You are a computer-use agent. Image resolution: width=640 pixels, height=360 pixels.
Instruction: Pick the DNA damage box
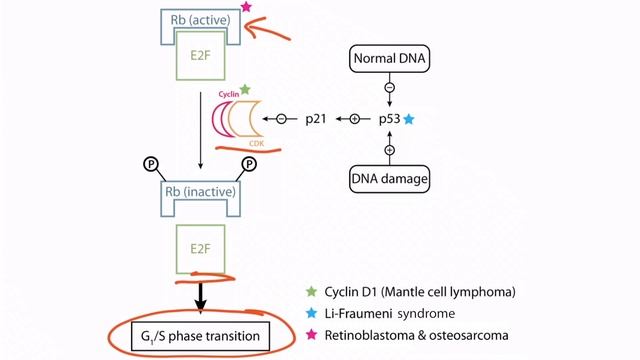pyautogui.click(x=389, y=178)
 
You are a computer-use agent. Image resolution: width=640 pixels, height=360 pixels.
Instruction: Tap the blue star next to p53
pyautogui.click(x=408, y=119)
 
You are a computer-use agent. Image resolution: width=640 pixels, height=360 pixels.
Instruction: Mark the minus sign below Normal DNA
pyautogui.click(x=389, y=87)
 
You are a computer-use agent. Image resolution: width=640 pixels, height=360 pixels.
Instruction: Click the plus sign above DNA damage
pyautogui.click(x=389, y=149)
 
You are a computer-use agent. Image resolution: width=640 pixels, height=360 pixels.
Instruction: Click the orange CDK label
pyautogui.click(x=257, y=143)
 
